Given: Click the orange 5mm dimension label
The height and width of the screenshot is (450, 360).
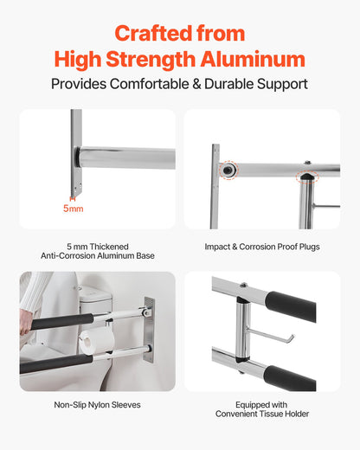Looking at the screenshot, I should click(74, 209).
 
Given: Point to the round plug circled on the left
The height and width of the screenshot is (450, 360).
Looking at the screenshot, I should click(228, 170).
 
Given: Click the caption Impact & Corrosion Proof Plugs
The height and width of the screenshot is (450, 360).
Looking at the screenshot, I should click(262, 247).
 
